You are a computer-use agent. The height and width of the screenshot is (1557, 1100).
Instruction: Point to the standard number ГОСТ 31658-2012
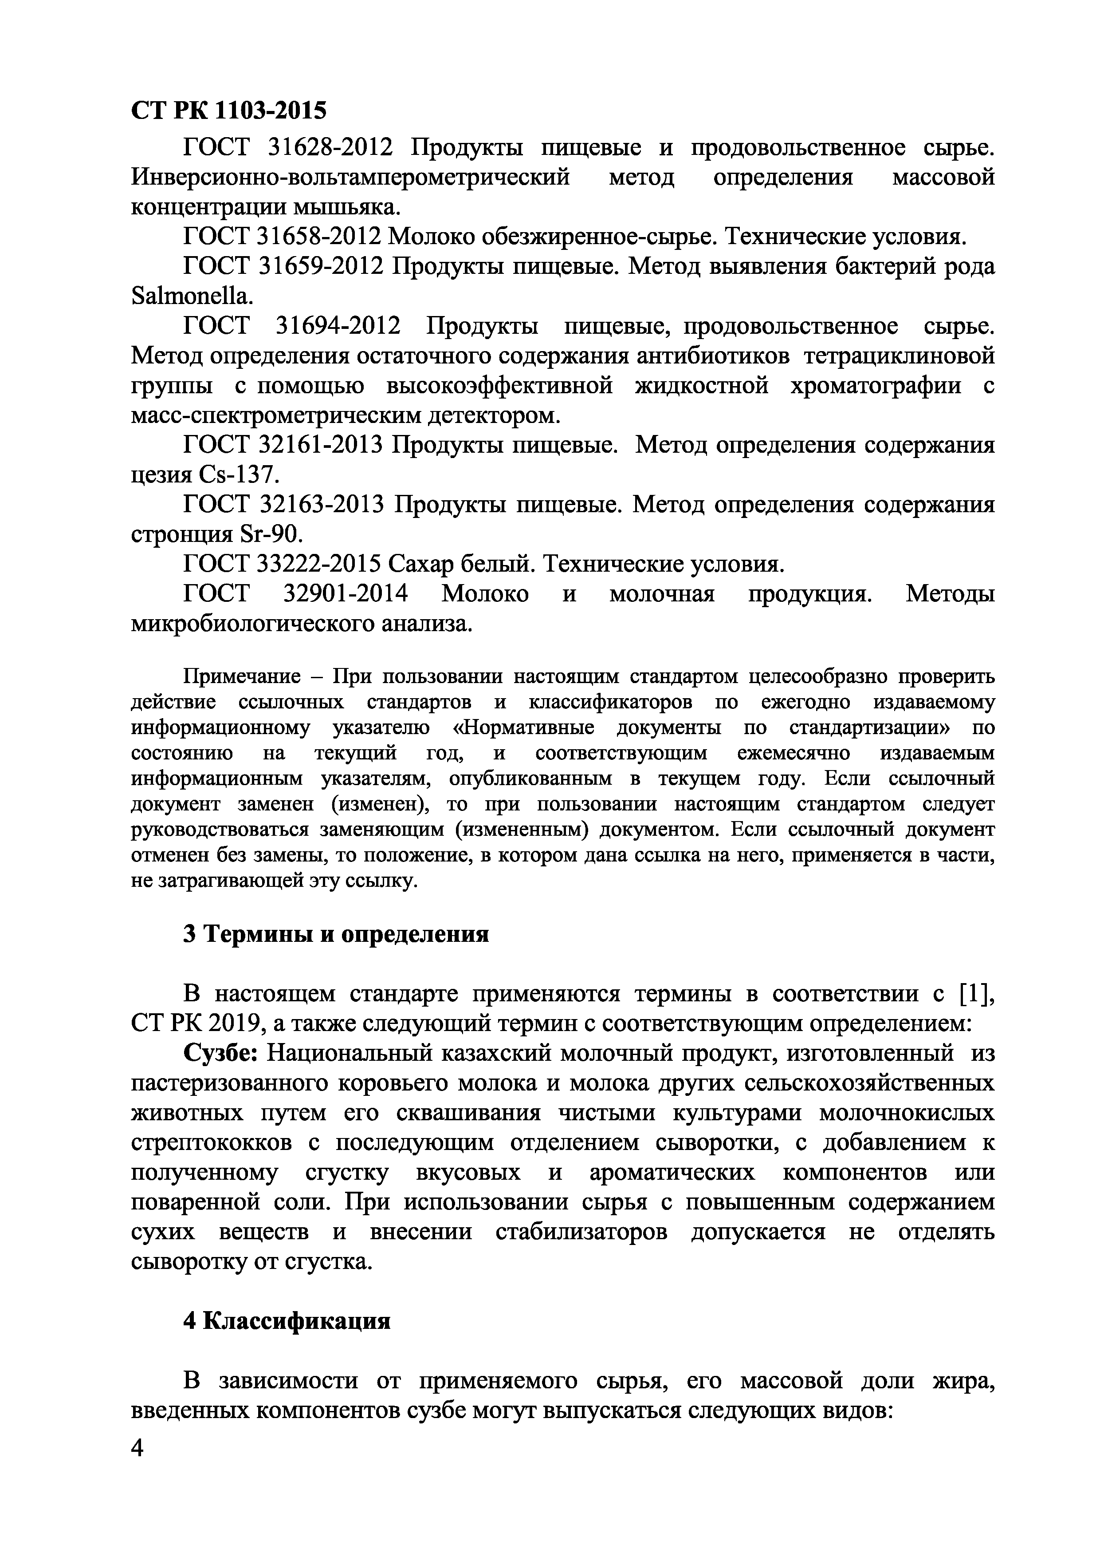pyautogui.click(x=283, y=237)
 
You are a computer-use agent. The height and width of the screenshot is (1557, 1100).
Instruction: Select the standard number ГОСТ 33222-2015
pyautogui.click(x=283, y=564)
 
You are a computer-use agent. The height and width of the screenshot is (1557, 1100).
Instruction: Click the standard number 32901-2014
pyautogui.click(x=344, y=594)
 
